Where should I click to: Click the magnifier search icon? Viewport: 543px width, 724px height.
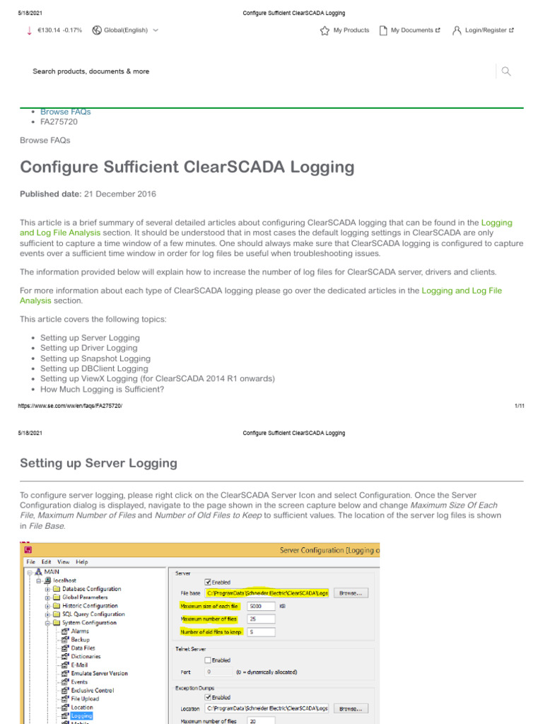click(506, 71)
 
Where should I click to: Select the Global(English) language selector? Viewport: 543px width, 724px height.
click(125, 30)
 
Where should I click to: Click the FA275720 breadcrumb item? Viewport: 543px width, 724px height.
click(59, 122)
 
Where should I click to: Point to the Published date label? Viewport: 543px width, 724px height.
click(50, 194)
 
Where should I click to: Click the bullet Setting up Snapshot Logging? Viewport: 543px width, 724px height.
click(95, 358)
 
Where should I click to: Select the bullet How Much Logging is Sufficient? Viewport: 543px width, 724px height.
click(102, 389)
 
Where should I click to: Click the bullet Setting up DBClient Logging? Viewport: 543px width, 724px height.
click(94, 368)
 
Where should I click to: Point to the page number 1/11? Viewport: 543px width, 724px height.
click(518, 406)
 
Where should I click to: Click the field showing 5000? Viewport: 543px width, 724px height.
click(260, 607)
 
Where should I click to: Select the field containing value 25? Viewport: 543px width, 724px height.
click(260, 619)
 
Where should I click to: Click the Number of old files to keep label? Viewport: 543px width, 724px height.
click(210, 632)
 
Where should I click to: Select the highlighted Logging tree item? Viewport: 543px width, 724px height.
click(81, 716)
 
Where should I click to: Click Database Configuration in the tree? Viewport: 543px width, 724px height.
click(91, 589)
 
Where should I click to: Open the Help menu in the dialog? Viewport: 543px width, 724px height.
click(82, 562)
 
